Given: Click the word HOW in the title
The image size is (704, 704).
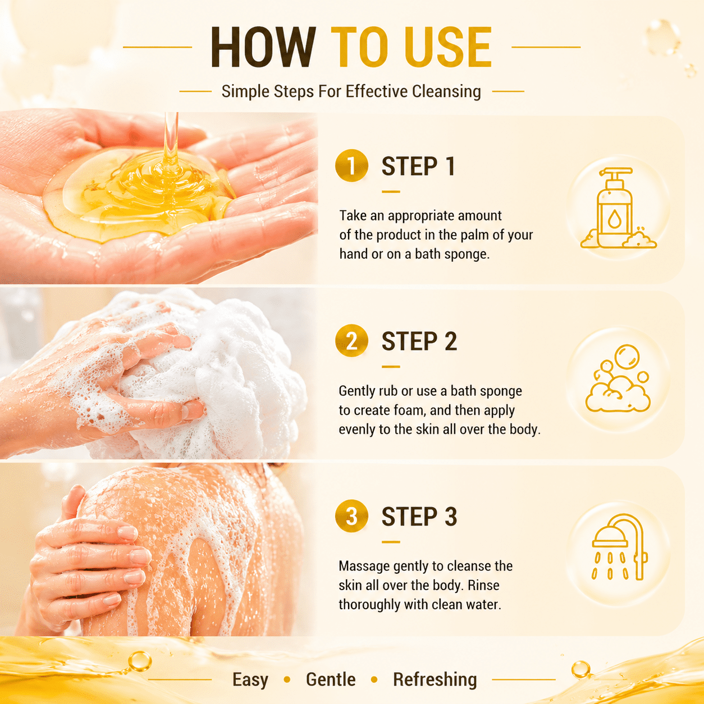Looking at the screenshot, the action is pos(263,47).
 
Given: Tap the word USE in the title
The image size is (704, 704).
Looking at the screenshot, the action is pos(448,47).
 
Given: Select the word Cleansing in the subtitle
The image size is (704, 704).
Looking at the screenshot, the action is pos(446,92).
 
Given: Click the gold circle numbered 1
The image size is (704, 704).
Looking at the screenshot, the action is pos(351,166).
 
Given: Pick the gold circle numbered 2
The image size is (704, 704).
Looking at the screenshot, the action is pos(351,341).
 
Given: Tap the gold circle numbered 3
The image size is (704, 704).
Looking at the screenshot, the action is pos(351,516).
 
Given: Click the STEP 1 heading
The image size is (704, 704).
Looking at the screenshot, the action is pos(418,166).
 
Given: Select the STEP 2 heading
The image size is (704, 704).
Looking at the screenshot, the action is pos(419,341).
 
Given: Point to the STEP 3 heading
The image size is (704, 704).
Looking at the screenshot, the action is pos(419,516).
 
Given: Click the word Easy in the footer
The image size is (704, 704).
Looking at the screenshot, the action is pos(250,680).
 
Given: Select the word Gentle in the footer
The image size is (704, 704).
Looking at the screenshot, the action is pos(331,679).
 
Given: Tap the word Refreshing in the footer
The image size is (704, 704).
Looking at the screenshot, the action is pos(435,680).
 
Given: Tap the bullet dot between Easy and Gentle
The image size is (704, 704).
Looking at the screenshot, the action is pos(287,679).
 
